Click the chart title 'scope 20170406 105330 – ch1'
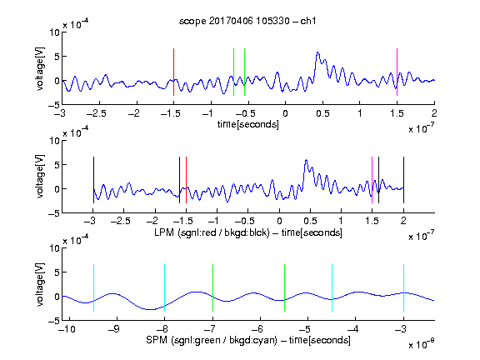tap(247, 21)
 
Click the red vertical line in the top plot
tap(173, 72)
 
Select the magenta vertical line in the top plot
tap(397, 72)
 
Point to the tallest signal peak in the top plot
tap(317, 52)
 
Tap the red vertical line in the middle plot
tap(186, 180)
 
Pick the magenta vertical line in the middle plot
tap(372, 180)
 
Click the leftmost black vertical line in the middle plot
tap(93, 180)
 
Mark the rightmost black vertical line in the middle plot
tap(403, 180)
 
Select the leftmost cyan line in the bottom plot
tap(93, 287)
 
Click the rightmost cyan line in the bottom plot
tap(403, 287)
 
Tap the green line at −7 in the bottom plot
tap(212, 287)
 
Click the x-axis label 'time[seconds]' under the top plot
tap(248, 124)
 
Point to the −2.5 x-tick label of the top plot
tap(96, 113)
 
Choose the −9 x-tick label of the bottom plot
tap(114, 329)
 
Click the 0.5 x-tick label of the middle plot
tap(310, 221)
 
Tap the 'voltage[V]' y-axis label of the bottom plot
tap(40, 284)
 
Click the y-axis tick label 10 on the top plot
tap(55, 32)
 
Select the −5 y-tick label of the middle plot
tap(54, 213)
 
